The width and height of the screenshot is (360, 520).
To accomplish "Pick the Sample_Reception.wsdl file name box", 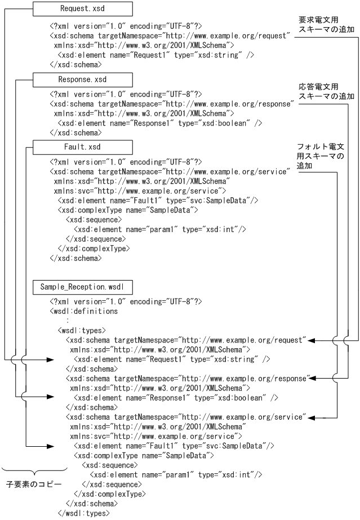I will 82,287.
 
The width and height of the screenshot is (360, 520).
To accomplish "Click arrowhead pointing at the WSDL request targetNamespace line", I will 310,341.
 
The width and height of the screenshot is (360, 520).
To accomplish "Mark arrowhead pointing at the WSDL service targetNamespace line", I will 310,417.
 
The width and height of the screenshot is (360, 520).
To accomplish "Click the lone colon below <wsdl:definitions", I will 68,320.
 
